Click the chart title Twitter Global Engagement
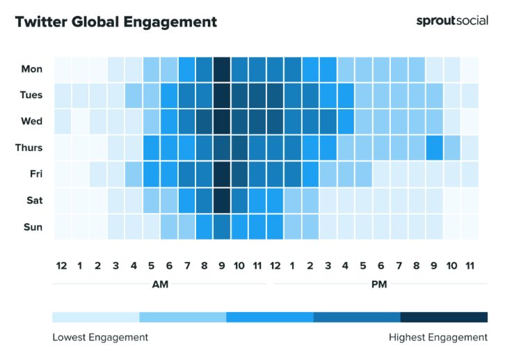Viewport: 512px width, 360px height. click(115, 22)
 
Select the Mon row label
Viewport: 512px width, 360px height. click(32, 69)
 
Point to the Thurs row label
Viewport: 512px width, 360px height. click(29, 148)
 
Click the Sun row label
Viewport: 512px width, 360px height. click(33, 227)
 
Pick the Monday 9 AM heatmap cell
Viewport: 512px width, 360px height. click(222, 69)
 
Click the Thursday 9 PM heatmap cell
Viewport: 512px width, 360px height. click(434, 148)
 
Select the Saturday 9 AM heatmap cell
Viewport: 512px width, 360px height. click(222, 201)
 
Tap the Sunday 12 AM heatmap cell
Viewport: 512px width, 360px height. click(62, 227)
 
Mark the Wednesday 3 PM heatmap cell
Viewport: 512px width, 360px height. click(328, 121)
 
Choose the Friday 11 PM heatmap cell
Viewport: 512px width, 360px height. click(470, 174)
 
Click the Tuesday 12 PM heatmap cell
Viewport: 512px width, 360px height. click(275, 95)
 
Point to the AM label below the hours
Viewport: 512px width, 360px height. click(160, 284)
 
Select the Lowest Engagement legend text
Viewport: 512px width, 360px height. click(100, 338)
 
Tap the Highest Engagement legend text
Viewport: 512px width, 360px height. click(438, 338)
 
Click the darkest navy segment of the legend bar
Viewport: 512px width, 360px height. click(444, 318)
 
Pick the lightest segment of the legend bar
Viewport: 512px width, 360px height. click(95, 318)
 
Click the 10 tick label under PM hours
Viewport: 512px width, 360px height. click(451, 265)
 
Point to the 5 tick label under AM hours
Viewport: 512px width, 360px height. click(151, 265)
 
